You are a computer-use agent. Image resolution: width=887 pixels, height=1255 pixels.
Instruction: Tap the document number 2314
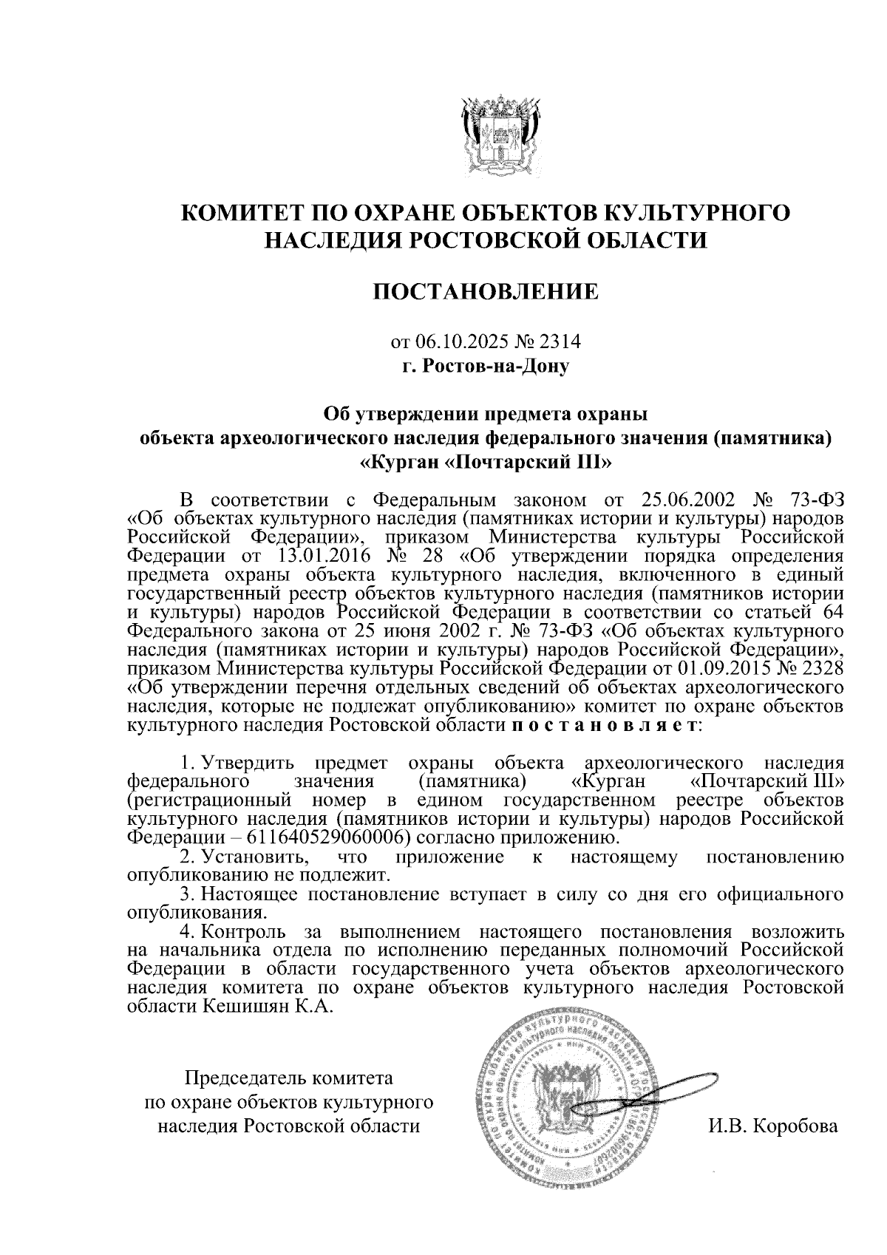pos(561,341)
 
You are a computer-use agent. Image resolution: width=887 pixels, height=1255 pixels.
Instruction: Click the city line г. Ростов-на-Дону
pos(485,365)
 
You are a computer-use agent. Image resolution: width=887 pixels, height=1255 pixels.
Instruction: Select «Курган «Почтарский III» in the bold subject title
pos(486,463)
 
